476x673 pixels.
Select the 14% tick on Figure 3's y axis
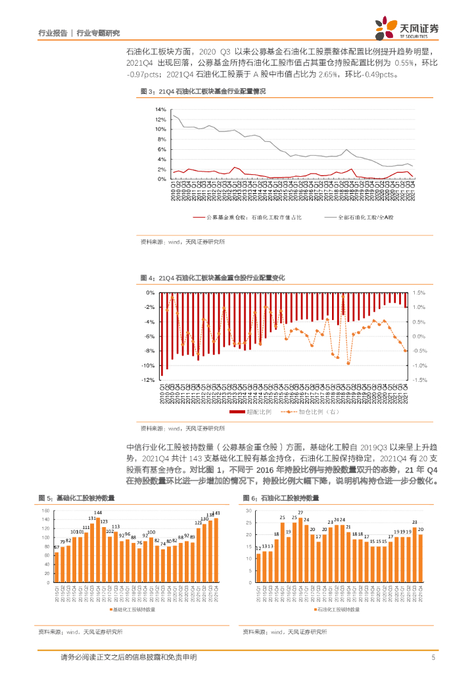160,109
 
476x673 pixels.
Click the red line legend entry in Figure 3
247,216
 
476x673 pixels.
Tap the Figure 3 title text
203,91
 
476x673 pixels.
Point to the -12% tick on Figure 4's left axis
149,380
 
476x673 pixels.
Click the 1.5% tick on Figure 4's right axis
419,292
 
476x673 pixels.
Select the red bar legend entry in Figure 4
247,411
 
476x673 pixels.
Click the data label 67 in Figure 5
57,546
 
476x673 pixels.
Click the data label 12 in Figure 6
258,547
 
